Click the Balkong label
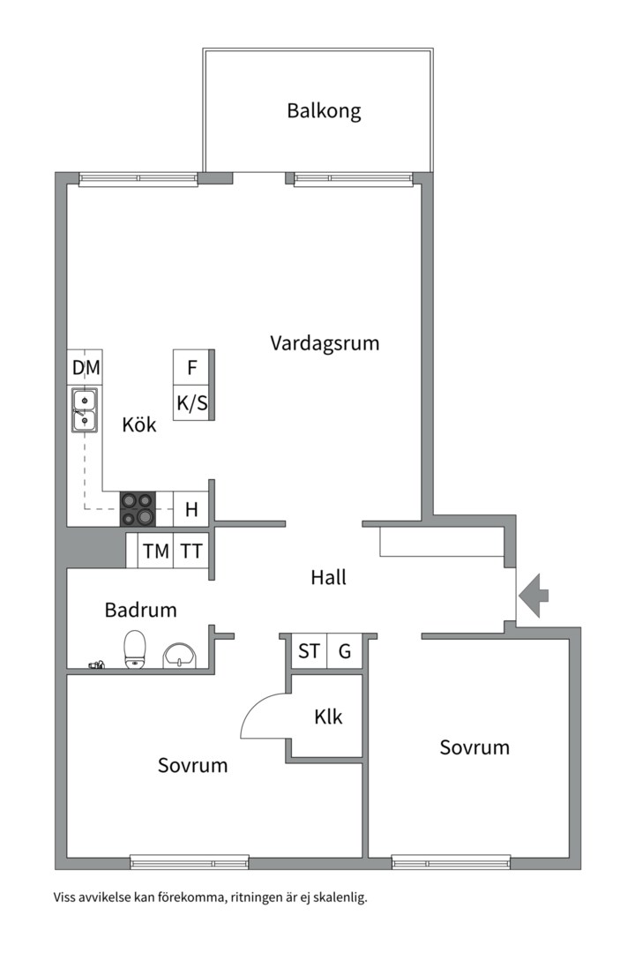click(324, 111)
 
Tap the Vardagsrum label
click(325, 342)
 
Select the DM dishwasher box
click(85, 367)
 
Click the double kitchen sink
click(85, 410)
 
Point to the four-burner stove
click(138, 508)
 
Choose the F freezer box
click(192, 367)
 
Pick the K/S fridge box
click(192, 402)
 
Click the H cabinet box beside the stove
click(191, 509)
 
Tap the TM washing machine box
click(155, 551)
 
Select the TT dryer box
click(191, 551)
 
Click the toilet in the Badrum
click(135, 649)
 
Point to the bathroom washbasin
click(181, 656)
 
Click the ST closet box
click(310, 651)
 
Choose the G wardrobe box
click(345, 651)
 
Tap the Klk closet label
click(328, 717)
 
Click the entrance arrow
click(534, 597)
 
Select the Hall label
click(328, 577)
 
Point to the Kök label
click(139, 424)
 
